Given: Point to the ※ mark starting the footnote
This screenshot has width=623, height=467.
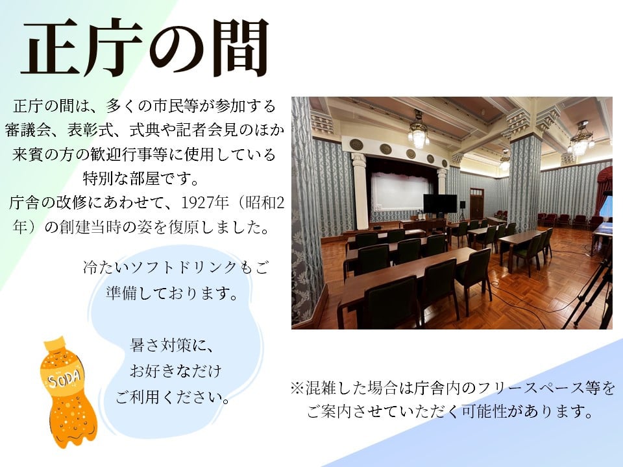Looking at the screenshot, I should coord(296,389).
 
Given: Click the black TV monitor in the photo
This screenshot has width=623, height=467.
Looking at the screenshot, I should coord(440,204).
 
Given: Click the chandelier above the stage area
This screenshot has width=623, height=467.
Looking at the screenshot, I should coord(419,133).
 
